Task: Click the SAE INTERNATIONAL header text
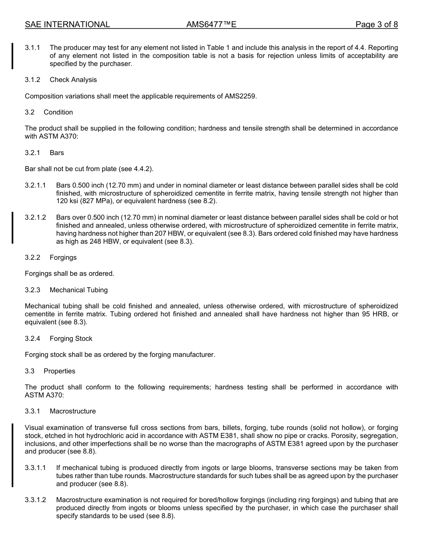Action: (x=67, y=25)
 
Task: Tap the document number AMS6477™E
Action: (x=211, y=25)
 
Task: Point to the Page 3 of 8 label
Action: (x=376, y=25)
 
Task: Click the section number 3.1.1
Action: (x=33, y=48)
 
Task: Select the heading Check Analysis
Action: (x=73, y=80)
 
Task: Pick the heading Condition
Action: (x=58, y=112)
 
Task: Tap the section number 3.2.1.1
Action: (x=36, y=185)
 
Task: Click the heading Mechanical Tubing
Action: (x=79, y=290)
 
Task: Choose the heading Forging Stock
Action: (x=71, y=339)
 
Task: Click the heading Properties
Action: (x=60, y=371)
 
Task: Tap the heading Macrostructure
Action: (x=73, y=411)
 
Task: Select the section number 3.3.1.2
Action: (x=36, y=500)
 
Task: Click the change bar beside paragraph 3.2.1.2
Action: (x=12, y=228)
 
